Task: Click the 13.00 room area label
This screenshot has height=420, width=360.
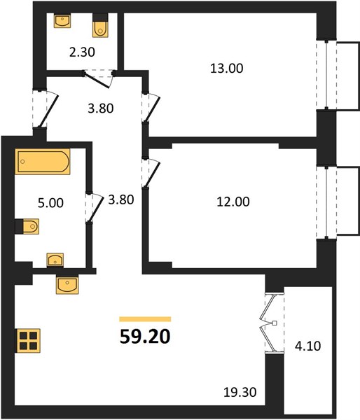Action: [x=227, y=69]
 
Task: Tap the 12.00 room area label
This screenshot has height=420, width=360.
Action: [x=233, y=202]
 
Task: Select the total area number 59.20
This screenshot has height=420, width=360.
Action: [x=145, y=337]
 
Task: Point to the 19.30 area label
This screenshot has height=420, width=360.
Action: [x=240, y=393]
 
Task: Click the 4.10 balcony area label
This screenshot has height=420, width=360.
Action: [x=307, y=346]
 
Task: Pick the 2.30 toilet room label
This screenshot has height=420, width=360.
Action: [x=82, y=52]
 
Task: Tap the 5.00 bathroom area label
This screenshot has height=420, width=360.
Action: [x=50, y=203]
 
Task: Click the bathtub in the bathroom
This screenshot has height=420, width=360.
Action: [x=43, y=162]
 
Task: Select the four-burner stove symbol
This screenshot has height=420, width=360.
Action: [x=28, y=340]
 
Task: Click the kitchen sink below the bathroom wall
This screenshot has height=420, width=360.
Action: [x=67, y=284]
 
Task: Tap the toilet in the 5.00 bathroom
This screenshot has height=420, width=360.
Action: [x=27, y=226]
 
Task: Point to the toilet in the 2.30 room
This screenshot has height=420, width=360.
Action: [x=101, y=26]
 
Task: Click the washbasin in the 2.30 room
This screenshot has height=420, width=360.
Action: [x=62, y=21]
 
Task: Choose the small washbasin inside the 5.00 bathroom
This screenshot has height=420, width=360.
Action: [x=55, y=260]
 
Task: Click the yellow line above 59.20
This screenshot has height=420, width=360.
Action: [x=145, y=319]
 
